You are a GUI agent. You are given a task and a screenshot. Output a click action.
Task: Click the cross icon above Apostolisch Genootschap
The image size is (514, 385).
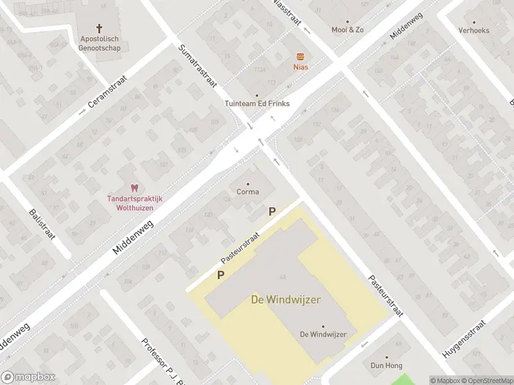(100, 28)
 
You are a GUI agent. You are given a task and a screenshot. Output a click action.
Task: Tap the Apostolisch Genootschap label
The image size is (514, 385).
(99, 43)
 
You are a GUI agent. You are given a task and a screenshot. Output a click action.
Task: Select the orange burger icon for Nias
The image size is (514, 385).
(300, 56)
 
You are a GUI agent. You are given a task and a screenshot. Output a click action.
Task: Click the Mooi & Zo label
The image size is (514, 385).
(348, 30)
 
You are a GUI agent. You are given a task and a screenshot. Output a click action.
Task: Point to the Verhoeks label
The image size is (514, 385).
(474, 30)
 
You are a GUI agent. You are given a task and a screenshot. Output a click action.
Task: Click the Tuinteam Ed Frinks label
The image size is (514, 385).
(257, 103)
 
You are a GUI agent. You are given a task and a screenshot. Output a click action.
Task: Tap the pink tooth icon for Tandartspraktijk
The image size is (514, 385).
(134, 188)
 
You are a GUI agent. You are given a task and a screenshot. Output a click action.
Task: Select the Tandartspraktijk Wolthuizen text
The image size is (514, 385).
(134, 203)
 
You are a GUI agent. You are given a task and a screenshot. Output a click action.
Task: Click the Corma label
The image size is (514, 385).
(248, 192)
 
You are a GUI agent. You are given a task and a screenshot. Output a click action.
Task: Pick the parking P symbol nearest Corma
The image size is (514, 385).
(272, 211)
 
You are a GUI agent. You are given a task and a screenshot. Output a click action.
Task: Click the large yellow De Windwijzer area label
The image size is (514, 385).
(286, 300)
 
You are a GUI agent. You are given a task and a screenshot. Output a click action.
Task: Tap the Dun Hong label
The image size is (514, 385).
(386, 366)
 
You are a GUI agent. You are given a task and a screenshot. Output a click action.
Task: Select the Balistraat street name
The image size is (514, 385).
(42, 224)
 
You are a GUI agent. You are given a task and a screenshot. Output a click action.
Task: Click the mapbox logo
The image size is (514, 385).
(28, 377)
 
